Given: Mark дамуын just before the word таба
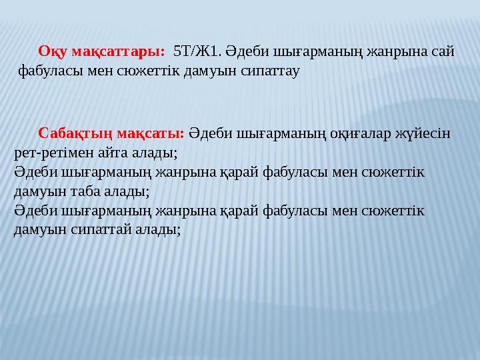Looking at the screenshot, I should pyautogui.click(x=38, y=191).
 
